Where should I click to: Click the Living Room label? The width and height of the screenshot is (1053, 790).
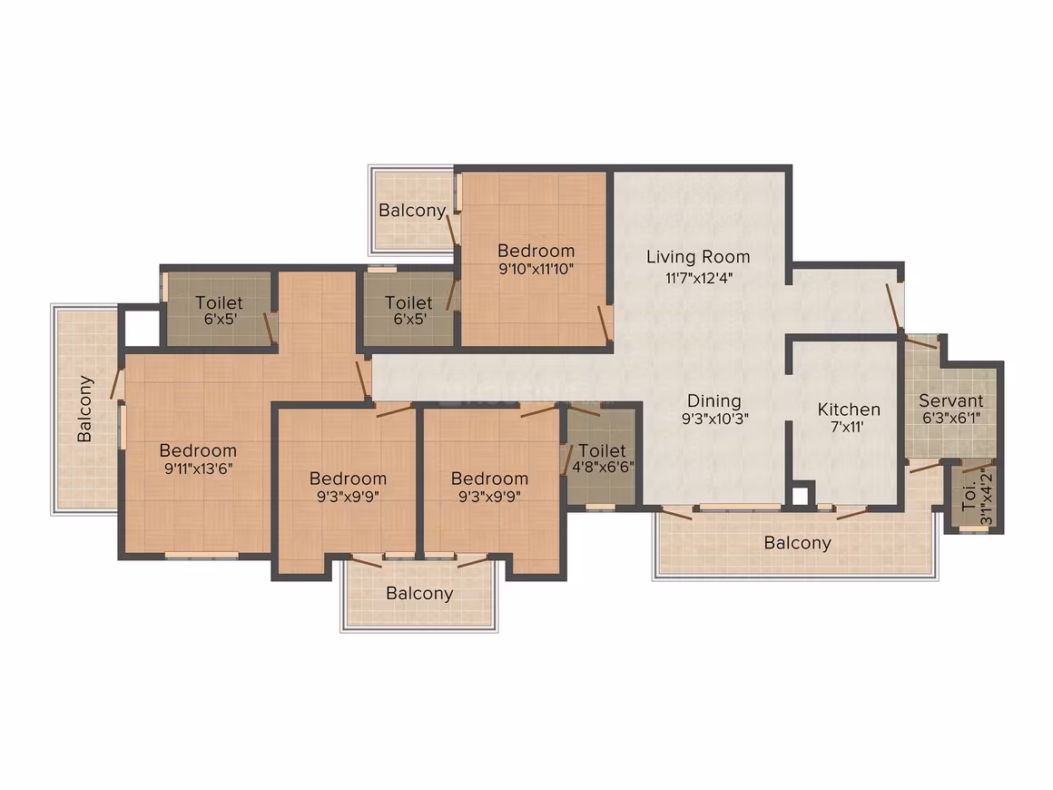point(698,257)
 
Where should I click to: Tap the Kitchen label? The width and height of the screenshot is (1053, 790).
point(849,410)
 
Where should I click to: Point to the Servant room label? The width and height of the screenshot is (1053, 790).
point(951,401)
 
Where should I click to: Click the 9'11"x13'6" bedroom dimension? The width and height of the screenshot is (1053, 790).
point(199,469)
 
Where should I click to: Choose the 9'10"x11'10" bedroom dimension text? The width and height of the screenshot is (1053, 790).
point(536,270)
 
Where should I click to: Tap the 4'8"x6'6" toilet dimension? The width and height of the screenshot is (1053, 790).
point(603,467)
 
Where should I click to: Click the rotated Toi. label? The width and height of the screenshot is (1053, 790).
point(969,497)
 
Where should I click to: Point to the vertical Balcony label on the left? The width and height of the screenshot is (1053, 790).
point(84,409)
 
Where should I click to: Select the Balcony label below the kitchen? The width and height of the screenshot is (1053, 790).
point(798,543)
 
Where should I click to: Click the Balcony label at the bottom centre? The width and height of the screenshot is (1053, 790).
point(419,594)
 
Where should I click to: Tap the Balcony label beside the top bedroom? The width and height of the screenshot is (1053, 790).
point(412,211)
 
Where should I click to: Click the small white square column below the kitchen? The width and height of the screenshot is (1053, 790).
point(800,497)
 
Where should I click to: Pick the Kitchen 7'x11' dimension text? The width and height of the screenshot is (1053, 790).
point(848,427)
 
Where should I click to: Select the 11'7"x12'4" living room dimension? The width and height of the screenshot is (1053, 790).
point(698,278)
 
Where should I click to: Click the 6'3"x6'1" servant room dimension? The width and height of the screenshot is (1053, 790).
point(951,418)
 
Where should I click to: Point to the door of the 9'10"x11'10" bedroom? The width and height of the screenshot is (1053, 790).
point(604,323)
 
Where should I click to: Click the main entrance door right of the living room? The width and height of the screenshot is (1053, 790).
point(894,307)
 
